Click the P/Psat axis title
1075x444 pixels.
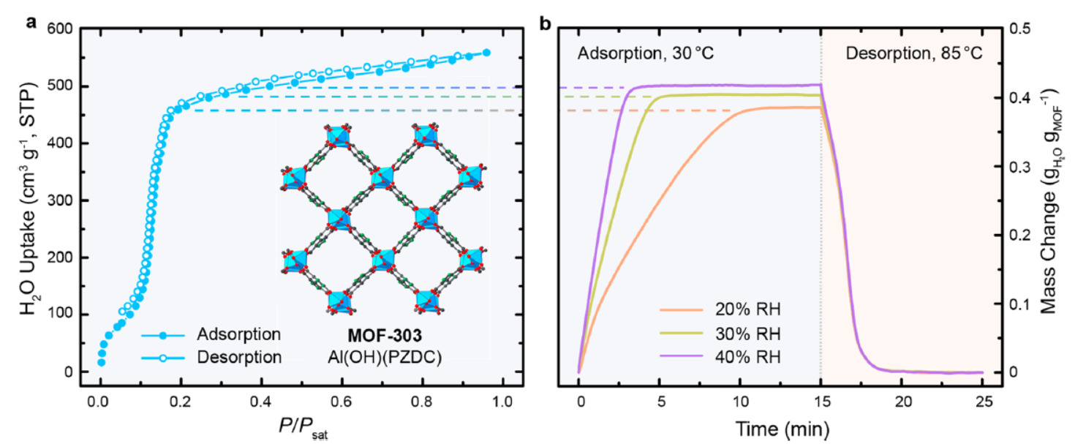tap(299, 426)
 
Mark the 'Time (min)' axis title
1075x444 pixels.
tap(780, 426)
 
